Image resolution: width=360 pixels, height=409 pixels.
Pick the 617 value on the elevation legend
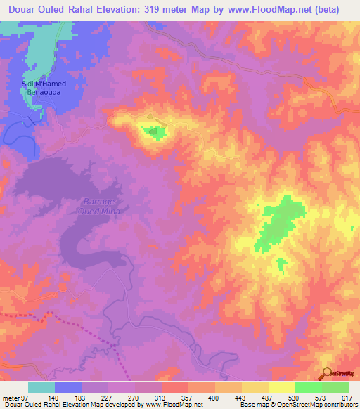click(347, 397)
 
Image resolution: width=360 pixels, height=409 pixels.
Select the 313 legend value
click(162, 397)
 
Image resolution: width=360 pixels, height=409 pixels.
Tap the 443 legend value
click(242, 397)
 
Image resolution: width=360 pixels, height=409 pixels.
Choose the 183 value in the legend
click(82, 397)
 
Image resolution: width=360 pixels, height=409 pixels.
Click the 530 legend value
click(295, 397)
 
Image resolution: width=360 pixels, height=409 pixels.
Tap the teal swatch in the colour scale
click(41, 387)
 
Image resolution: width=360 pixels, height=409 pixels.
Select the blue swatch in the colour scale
click(68, 387)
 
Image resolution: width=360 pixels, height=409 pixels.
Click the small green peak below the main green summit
click(281, 264)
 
